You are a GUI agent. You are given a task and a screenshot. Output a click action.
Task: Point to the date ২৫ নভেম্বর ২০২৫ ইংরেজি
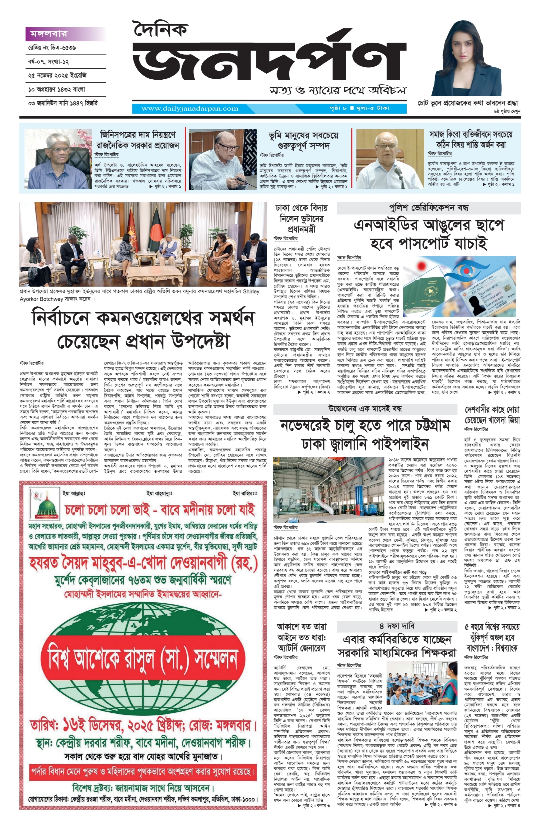pos(57,75)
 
